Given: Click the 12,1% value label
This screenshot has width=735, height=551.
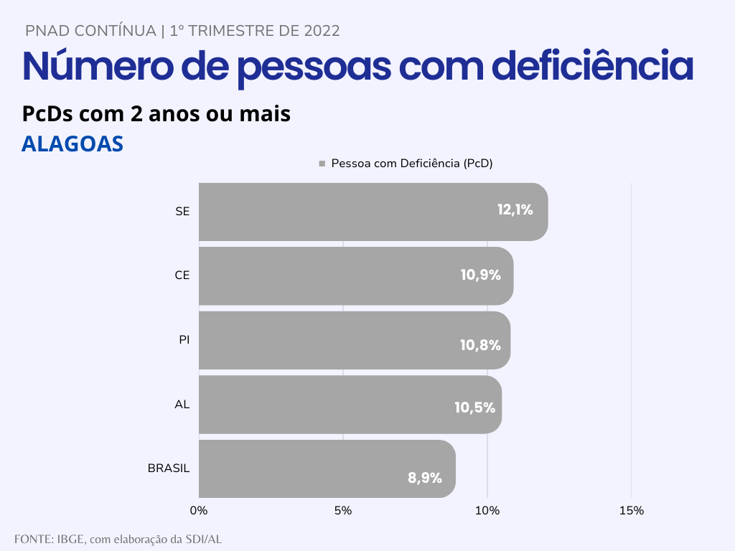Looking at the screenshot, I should (515, 210).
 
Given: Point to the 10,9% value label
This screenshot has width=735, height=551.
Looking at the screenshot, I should (480, 275).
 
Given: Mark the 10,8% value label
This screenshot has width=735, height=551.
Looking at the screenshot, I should (480, 345).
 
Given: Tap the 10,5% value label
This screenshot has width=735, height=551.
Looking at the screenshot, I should (474, 408).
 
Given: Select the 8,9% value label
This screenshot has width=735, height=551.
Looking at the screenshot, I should (425, 478).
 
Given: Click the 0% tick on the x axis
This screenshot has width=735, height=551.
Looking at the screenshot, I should (199, 511).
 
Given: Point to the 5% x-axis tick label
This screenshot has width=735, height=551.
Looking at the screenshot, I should (343, 511).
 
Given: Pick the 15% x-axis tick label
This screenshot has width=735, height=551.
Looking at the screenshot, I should (631, 511).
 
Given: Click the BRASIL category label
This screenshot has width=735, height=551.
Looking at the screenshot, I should (169, 468).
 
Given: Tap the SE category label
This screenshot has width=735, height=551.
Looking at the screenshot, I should (182, 212).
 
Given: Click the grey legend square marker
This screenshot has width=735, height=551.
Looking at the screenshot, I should (322, 164).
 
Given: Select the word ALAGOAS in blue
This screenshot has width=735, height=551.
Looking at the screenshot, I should (72, 143).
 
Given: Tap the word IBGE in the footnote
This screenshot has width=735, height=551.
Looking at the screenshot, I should (70, 539).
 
